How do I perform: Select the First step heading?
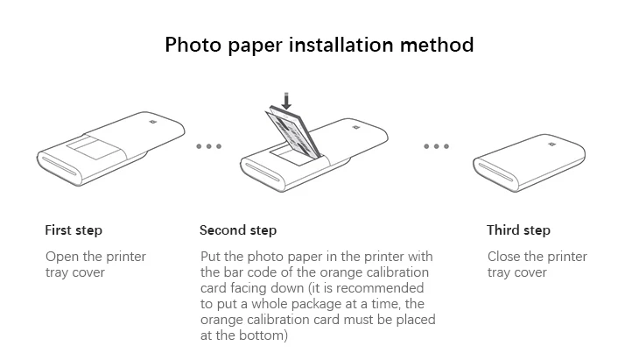(x=74, y=230)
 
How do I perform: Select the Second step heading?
(x=238, y=230)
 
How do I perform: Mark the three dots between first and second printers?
(x=208, y=146)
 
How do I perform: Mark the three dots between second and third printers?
(x=437, y=146)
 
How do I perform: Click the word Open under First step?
(x=62, y=257)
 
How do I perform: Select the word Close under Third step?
(x=505, y=257)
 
